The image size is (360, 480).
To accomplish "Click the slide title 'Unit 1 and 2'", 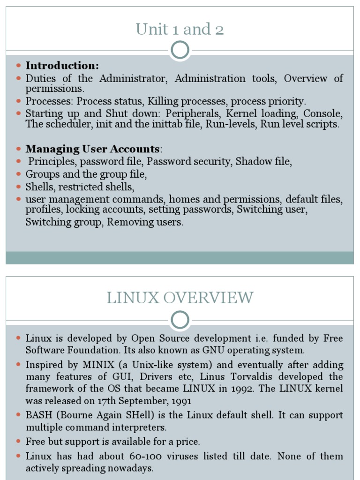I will point(180,30).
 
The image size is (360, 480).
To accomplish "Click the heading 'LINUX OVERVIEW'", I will point(180,298).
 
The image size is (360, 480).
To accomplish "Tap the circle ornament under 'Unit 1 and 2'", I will point(180,50).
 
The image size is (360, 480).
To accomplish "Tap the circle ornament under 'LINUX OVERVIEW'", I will point(180,320).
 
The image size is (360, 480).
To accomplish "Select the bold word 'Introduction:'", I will point(62,66).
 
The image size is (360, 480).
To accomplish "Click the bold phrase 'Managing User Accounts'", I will point(92,149).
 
